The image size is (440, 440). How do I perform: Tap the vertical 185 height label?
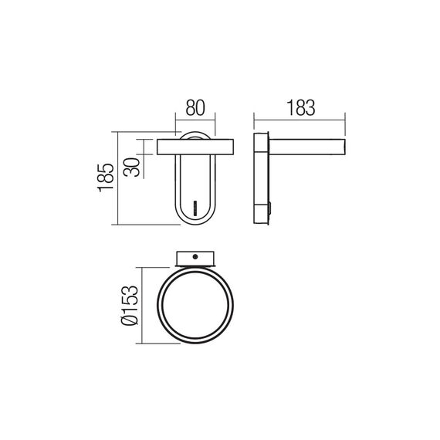coord(106,178)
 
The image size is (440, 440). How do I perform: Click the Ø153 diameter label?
coord(130,309)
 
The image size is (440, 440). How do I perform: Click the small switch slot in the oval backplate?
coord(196,208)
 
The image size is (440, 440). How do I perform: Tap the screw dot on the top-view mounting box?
coord(197,257)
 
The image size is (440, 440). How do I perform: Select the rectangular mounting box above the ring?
coord(196,258)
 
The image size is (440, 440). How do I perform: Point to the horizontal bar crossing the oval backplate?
coord(195,147)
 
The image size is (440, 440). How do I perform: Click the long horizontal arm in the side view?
coord(309,147)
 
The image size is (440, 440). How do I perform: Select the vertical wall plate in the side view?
coord(261,180)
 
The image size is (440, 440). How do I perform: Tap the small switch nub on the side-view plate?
coord(270,207)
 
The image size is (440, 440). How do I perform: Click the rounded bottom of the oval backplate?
coord(195,222)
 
